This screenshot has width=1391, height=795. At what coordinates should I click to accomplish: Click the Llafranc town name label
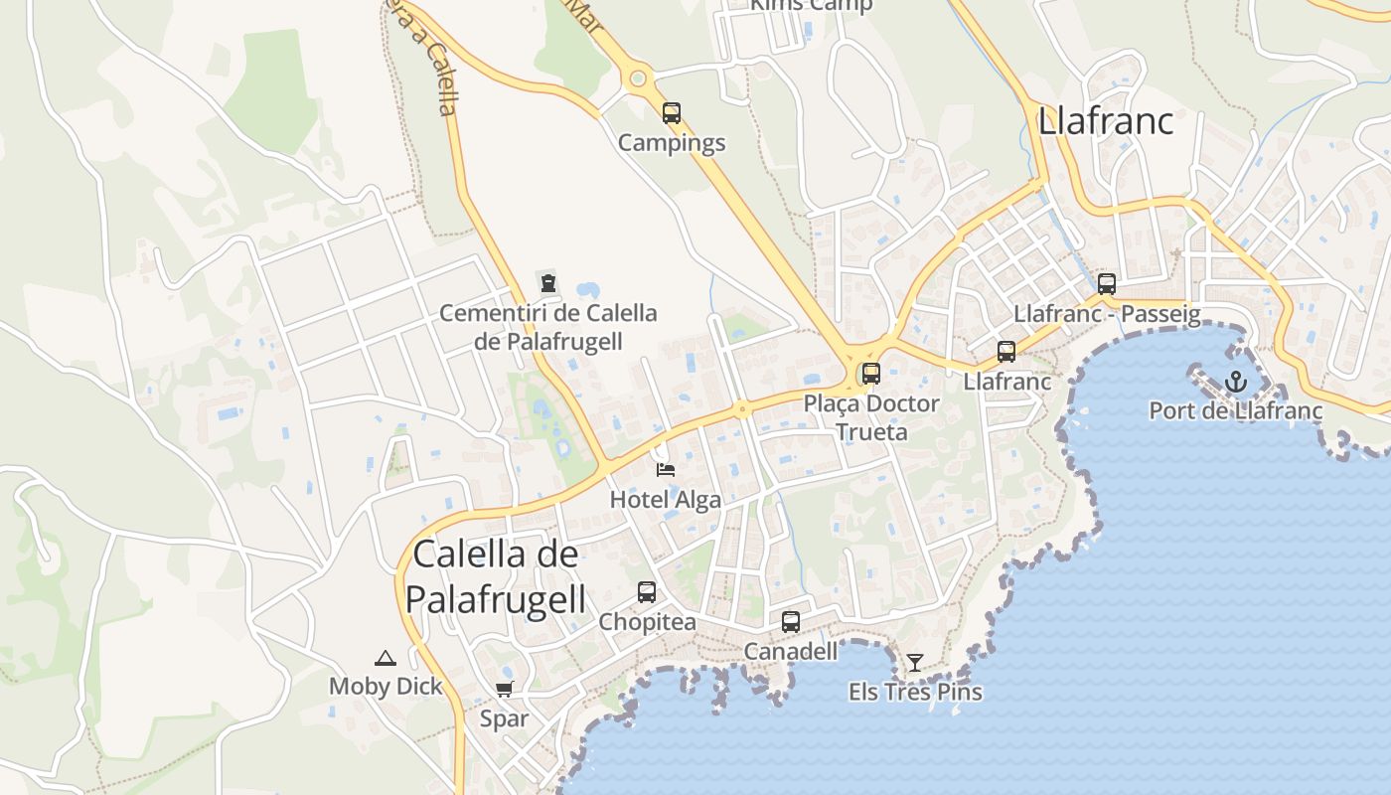pyautogui.click(x=1105, y=120)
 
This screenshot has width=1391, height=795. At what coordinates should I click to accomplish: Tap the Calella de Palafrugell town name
pyautogui.click(x=495, y=576)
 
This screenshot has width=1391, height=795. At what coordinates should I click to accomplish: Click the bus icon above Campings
pyautogui.click(x=672, y=113)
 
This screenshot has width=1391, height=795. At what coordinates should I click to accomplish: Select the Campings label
pyautogui.click(x=672, y=143)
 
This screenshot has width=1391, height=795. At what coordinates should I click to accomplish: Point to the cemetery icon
pyautogui.click(x=547, y=283)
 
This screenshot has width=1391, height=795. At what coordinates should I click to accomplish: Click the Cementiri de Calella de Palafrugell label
pyautogui.click(x=548, y=327)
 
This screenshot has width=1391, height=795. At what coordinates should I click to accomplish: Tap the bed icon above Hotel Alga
pyautogui.click(x=666, y=469)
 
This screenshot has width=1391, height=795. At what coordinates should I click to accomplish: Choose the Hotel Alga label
pyautogui.click(x=666, y=499)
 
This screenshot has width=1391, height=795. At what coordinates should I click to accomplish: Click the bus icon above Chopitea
pyautogui.click(x=647, y=592)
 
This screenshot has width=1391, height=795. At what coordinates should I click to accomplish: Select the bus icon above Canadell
pyautogui.click(x=791, y=622)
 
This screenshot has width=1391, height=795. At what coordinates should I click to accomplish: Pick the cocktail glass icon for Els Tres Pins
pyautogui.click(x=915, y=662)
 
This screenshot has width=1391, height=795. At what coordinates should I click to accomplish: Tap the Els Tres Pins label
pyautogui.click(x=915, y=692)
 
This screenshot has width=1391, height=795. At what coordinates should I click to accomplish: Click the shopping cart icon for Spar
pyautogui.click(x=504, y=690)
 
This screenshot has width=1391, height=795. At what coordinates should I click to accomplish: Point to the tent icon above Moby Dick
pyautogui.click(x=385, y=658)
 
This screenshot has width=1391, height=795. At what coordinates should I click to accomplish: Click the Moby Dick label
pyautogui.click(x=386, y=686)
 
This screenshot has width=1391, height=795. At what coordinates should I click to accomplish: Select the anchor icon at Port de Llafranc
pyautogui.click(x=1235, y=381)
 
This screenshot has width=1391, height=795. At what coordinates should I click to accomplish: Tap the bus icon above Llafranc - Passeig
pyautogui.click(x=1107, y=284)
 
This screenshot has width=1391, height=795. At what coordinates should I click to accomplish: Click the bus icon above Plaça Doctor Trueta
pyautogui.click(x=871, y=374)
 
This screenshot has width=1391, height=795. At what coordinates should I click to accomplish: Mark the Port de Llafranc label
pyautogui.click(x=1235, y=410)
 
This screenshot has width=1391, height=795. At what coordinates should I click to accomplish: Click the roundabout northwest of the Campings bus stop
pyautogui.click(x=638, y=78)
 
